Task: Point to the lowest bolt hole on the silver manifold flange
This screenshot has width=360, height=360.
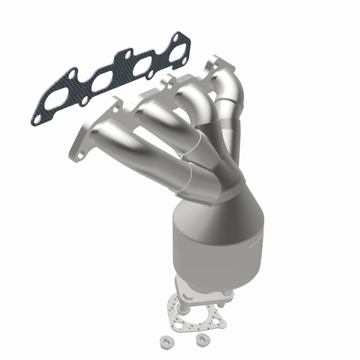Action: click(x=81, y=154)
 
